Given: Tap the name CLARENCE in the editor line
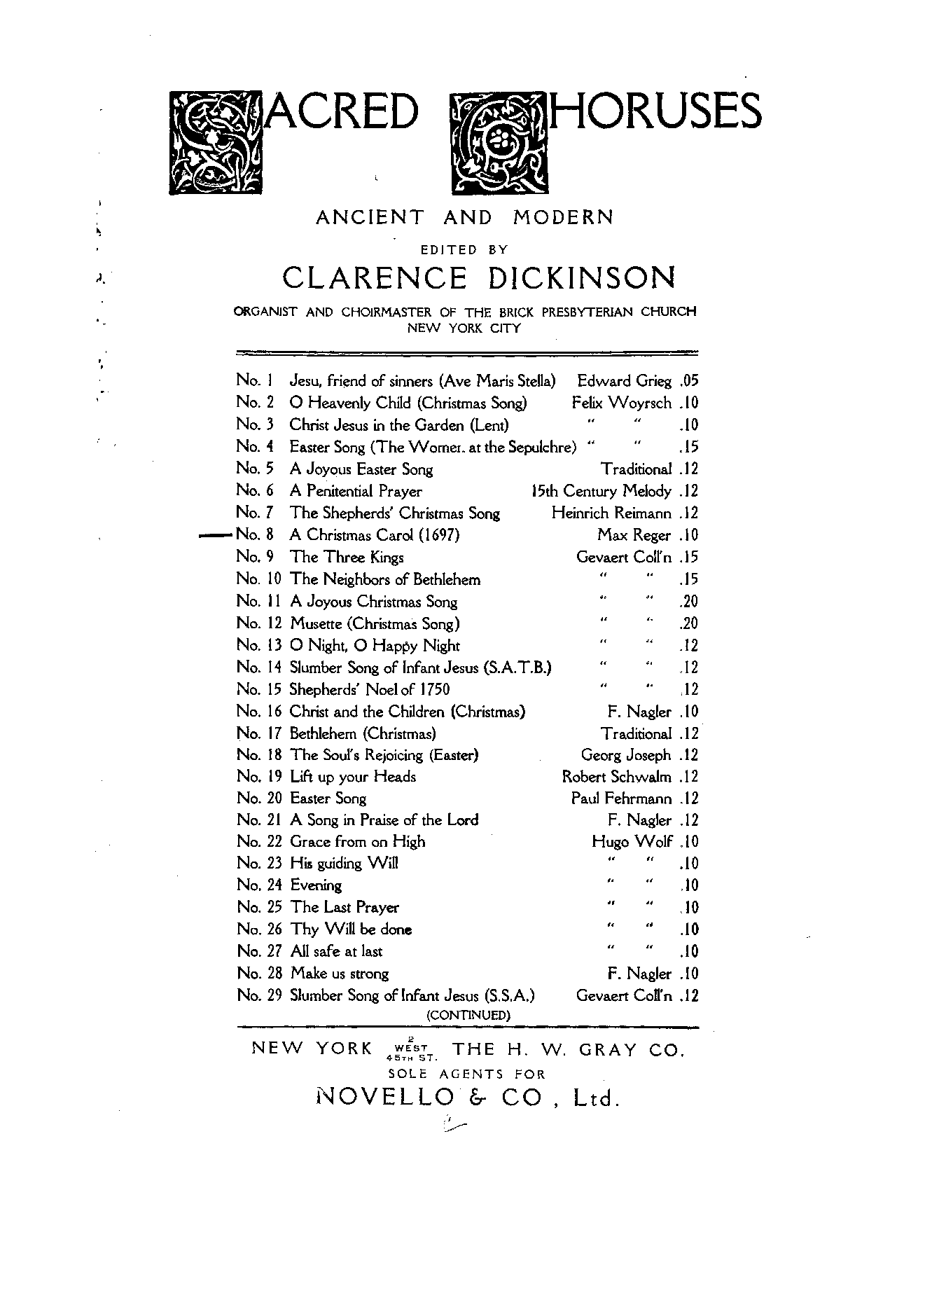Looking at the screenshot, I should click(x=374, y=278).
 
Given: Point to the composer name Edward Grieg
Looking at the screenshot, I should click(x=624, y=381).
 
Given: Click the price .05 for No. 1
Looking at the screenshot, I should click(x=688, y=381).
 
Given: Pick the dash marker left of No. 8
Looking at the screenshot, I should click(x=216, y=535).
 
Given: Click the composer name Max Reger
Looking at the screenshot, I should click(x=634, y=535).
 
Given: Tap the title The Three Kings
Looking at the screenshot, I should click(x=347, y=558).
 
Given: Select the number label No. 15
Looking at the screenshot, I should click(x=258, y=689).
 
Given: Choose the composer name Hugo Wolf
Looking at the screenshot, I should click(x=632, y=842).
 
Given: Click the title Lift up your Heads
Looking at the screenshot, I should click(x=353, y=777).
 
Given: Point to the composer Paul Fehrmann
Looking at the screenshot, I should click(x=621, y=798).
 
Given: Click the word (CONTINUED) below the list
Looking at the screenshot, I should click(x=468, y=1014).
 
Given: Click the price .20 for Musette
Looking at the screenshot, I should click(x=688, y=623).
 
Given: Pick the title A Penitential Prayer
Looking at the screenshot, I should click(x=356, y=491).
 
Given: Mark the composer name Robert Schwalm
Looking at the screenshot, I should click(x=617, y=777).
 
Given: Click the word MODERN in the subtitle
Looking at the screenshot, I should click(x=563, y=218).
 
